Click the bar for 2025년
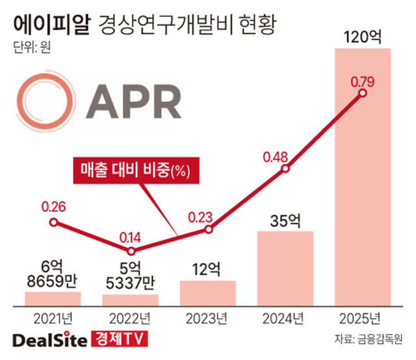(x=362, y=175)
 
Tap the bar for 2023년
(x=207, y=292)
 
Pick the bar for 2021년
(x=53, y=298)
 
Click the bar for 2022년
(x=130, y=300)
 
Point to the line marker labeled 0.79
(x=362, y=94)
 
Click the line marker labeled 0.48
(x=285, y=169)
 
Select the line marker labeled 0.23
(x=208, y=229)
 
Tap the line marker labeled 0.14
(x=131, y=251)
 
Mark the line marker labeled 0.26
(x=53, y=222)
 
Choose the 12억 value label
(x=207, y=267)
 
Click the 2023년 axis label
(x=207, y=319)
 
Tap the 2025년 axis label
(x=362, y=319)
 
